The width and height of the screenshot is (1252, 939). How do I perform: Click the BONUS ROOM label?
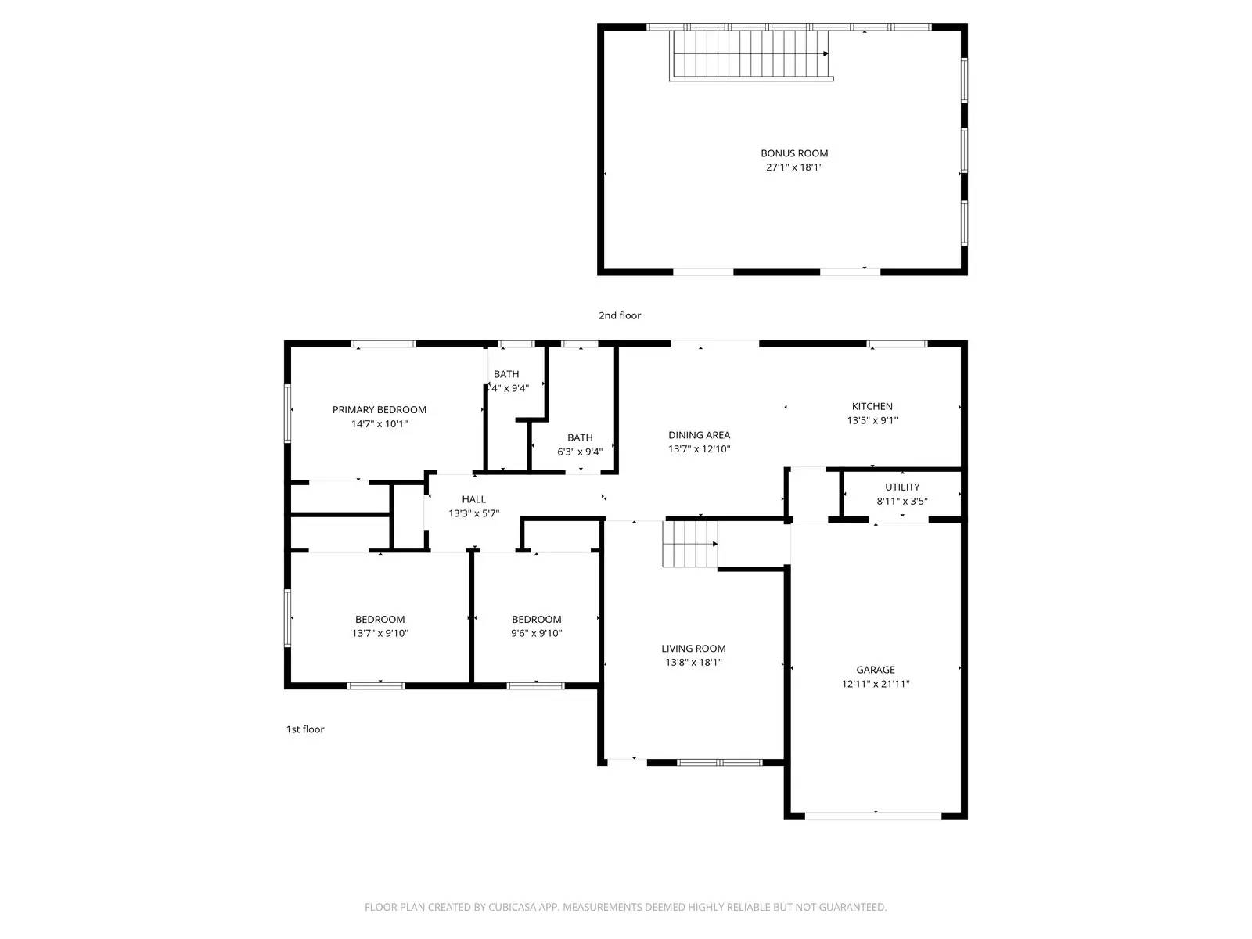point(794,153)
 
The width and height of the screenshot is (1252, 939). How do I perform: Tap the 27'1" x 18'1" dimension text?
point(794,167)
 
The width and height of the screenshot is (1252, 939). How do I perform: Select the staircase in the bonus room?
point(750,54)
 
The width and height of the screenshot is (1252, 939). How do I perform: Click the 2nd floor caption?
point(620,315)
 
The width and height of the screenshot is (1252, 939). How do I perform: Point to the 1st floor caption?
point(304,729)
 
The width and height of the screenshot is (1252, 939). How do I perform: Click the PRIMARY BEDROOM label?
point(380,410)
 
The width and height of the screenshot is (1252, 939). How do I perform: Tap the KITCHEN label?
point(872,406)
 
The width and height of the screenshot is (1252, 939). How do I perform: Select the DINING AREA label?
point(699,435)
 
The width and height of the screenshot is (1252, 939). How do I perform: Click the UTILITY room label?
point(902,487)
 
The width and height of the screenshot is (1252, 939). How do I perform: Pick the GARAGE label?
point(875,670)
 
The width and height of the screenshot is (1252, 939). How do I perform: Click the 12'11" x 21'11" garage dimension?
point(875,684)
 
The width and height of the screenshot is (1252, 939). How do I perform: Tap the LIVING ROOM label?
point(693,649)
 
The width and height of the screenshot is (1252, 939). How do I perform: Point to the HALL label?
point(473,499)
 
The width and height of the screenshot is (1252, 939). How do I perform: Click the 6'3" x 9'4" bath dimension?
point(580,452)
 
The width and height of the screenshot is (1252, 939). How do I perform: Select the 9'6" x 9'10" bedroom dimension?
point(537,634)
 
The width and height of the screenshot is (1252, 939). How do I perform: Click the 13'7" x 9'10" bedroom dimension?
point(380,634)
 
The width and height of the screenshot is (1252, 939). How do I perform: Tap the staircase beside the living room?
point(689,544)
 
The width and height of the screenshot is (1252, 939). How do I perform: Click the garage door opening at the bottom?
point(873,816)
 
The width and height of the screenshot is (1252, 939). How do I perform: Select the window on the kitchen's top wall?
point(897,344)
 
